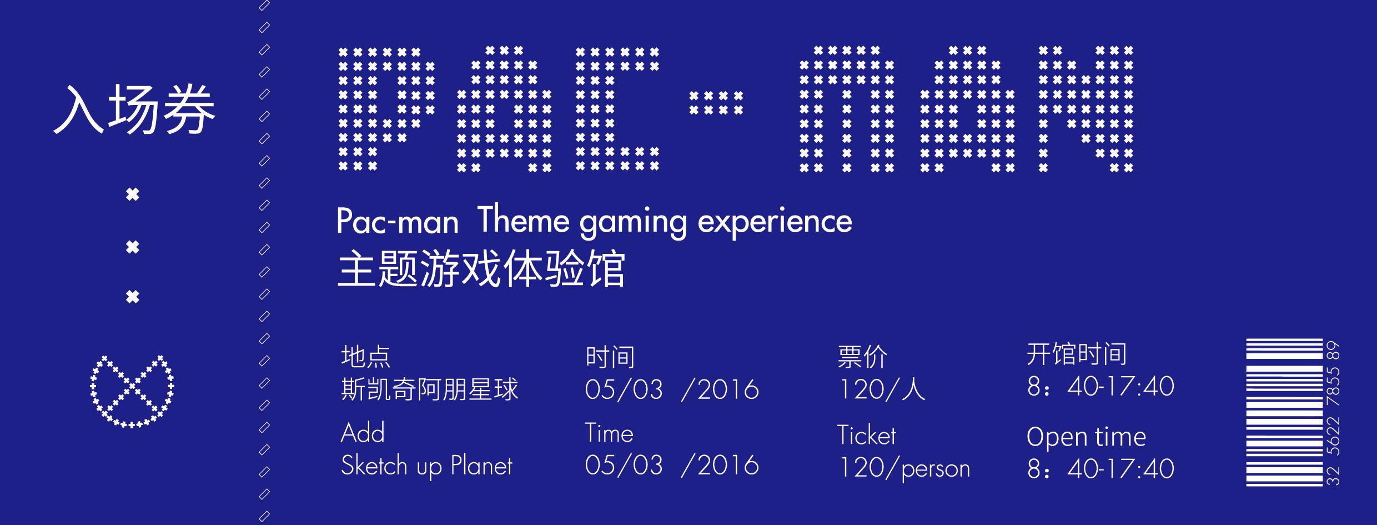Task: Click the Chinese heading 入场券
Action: (x=134, y=109)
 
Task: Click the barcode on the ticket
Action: (x=1284, y=412)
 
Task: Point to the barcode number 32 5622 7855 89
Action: (x=1333, y=413)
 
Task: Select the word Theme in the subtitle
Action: (x=523, y=219)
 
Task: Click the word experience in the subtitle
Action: (x=775, y=222)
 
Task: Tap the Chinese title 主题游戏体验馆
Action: (x=481, y=269)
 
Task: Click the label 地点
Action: (x=366, y=357)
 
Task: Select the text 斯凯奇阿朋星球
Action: (x=430, y=389)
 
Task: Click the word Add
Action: (x=363, y=432)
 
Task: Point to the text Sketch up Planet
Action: (x=426, y=466)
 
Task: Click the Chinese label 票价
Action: (x=862, y=357)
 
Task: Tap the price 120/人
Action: (x=882, y=389)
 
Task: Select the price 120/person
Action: (x=904, y=468)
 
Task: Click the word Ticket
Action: (x=866, y=435)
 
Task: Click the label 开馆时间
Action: (x=1077, y=354)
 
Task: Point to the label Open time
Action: (x=1087, y=437)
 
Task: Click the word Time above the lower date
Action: (x=609, y=433)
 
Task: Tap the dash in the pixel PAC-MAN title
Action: (x=716, y=103)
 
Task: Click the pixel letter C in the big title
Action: (x=617, y=108)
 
